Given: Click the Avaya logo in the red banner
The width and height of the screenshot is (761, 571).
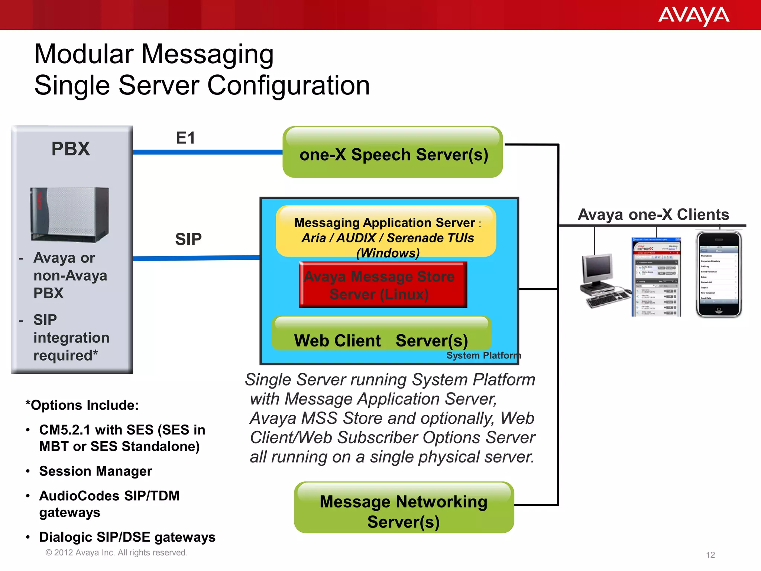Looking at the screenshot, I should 693,16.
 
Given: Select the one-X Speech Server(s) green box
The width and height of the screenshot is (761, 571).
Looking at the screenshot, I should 393,152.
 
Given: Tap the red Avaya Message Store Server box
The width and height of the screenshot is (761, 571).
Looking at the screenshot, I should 383,285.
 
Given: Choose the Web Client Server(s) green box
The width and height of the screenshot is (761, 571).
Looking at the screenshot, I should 381,334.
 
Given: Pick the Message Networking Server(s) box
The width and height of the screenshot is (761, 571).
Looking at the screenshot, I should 404,508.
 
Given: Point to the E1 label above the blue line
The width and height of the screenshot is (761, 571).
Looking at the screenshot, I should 185,138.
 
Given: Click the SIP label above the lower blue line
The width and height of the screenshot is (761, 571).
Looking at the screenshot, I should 188,239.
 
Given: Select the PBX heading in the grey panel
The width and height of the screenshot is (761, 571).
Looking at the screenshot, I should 71,149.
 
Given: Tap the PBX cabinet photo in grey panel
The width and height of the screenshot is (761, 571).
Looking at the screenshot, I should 70,214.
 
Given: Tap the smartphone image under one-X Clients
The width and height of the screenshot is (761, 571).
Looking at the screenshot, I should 718,274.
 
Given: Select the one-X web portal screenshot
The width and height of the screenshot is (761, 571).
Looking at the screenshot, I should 657,277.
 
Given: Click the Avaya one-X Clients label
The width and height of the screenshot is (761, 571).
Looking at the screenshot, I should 653,215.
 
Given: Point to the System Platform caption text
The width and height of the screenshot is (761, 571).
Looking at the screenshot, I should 483,355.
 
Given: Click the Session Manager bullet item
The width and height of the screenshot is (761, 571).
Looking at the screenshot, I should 95,471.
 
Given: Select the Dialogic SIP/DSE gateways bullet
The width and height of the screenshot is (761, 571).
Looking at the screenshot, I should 127,537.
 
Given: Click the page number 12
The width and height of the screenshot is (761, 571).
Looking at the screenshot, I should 710,555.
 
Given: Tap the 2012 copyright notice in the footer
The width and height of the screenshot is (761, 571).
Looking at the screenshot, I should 116,553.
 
